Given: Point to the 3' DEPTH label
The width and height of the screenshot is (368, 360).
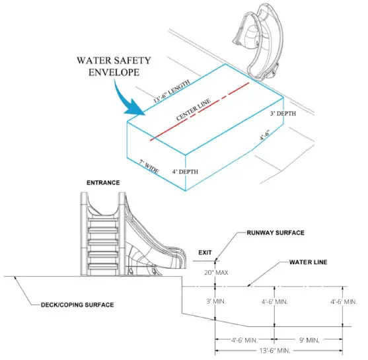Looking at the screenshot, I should point(283,113).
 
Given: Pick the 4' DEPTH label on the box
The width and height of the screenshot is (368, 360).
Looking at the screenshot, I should point(185,172).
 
